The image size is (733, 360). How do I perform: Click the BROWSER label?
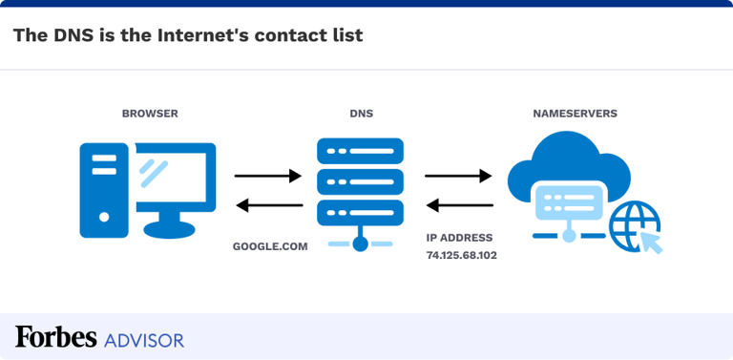(x=150, y=114)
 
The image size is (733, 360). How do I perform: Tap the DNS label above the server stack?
(x=361, y=114)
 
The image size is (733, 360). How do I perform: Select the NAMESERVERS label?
(x=575, y=114)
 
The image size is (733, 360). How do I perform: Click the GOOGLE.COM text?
(x=270, y=246)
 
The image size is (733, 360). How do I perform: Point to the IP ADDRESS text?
(x=459, y=238)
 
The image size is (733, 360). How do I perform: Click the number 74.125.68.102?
(x=462, y=256)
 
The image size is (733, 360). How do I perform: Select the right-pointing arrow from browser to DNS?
(x=268, y=176)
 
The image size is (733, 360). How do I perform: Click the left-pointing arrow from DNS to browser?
(x=268, y=204)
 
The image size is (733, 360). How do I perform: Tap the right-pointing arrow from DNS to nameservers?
(x=458, y=176)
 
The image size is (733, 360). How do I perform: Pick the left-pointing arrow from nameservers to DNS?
(x=458, y=204)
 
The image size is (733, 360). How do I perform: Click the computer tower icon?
(x=103, y=189)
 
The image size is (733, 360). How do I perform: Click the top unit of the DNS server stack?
(x=360, y=151)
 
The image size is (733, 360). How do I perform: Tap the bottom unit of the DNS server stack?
(x=360, y=213)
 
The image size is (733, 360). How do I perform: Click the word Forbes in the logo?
(x=55, y=337)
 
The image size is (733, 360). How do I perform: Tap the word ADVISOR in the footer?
(x=144, y=339)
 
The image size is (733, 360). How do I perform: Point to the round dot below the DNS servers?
(x=360, y=244)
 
